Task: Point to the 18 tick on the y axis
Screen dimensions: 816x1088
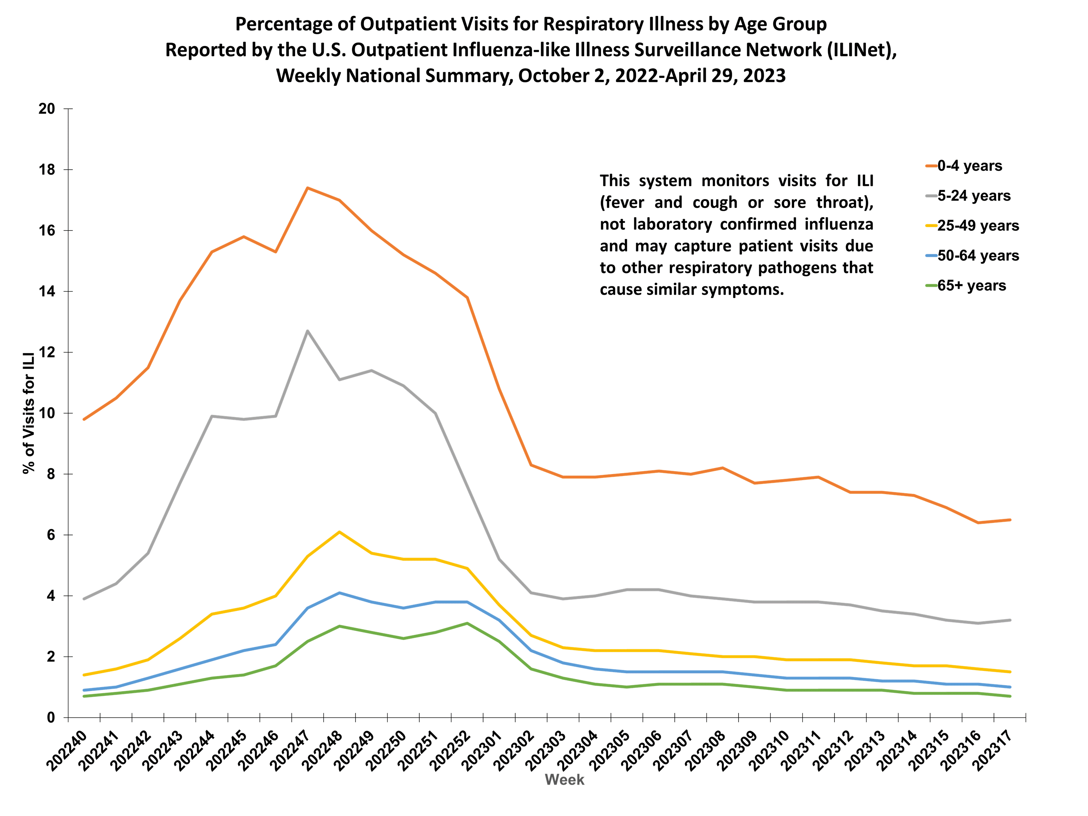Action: pyautogui.click(x=47, y=170)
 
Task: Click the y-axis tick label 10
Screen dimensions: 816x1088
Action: pyautogui.click(x=47, y=413)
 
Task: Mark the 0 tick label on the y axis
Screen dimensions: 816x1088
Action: pyautogui.click(x=51, y=718)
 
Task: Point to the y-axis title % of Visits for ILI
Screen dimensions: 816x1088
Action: pyautogui.click(x=29, y=413)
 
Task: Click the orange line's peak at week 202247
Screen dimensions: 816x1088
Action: pyautogui.click(x=308, y=188)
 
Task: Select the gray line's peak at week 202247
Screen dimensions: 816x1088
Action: pyautogui.click(x=308, y=331)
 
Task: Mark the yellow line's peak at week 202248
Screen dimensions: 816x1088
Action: pyautogui.click(x=339, y=532)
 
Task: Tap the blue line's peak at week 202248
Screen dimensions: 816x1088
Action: pyautogui.click(x=339, y=593)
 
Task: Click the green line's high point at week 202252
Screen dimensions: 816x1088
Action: pyautogui.click(x=467, y=623)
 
